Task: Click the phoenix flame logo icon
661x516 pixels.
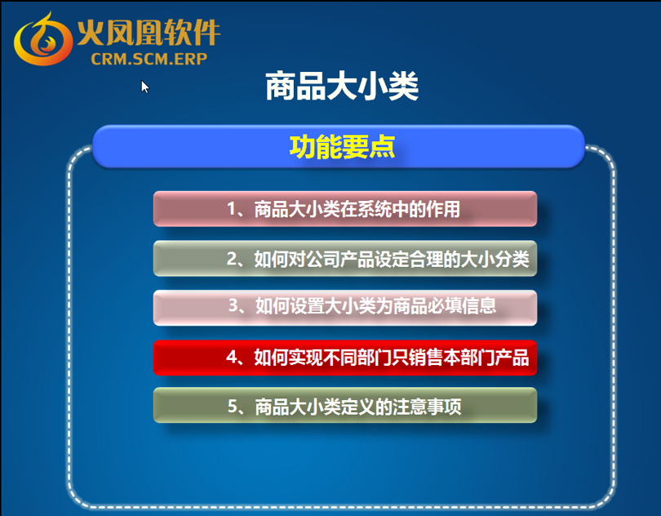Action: (42, 39)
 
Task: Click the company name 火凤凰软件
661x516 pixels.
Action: (149, 33)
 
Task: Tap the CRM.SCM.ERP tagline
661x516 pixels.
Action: (149, 59)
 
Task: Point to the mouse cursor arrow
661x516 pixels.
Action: (145, 87)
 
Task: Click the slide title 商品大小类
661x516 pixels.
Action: (342, 86)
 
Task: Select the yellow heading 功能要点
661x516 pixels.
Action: (342, 147)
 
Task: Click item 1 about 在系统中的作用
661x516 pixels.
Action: (345, 209)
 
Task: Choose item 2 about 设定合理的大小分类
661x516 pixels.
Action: (345, 258)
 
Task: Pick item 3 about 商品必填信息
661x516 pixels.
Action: (345, 308)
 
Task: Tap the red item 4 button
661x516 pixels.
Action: (345, 358)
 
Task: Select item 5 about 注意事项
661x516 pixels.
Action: (345, 405)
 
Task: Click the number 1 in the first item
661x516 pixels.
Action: (232, 209)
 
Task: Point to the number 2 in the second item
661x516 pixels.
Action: (232, 259)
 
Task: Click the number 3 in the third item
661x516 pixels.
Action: (233, 305)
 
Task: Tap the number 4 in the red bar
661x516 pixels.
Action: (232, 358)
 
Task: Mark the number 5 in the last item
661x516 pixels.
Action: (233, 407)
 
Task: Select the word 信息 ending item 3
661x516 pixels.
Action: (479, 305)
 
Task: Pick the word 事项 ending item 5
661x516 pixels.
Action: (444, 407)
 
